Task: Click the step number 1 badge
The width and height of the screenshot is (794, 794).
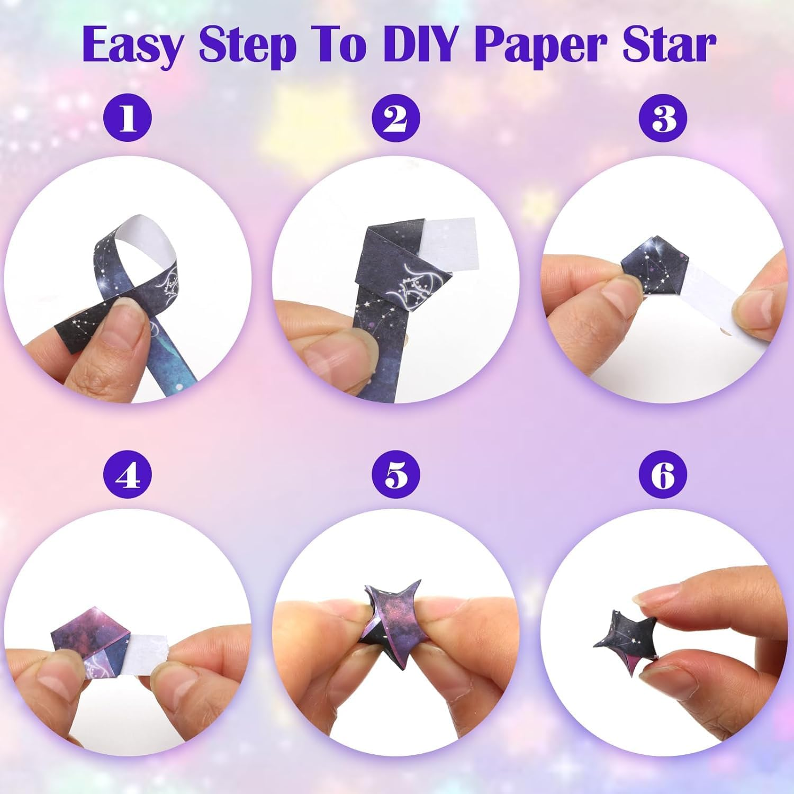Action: (128, 119)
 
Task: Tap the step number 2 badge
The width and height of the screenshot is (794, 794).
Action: (396, 119)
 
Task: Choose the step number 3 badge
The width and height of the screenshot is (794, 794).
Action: (663, 119)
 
